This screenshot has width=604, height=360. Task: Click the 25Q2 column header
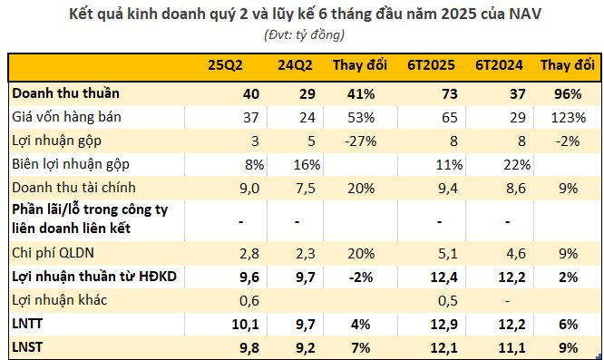click(x=225, y=68)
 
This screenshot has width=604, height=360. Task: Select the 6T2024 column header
click(x=498, y=68)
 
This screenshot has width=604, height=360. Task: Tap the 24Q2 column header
click(x=296, y=68)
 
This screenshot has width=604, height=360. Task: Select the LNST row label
click(x=28, y=347)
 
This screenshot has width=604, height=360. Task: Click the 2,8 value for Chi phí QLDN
click(x=235, y=252)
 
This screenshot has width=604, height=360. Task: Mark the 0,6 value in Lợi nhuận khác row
click(x=235, y=299)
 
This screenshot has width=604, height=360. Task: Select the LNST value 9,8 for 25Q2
click(x=235, y=347)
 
